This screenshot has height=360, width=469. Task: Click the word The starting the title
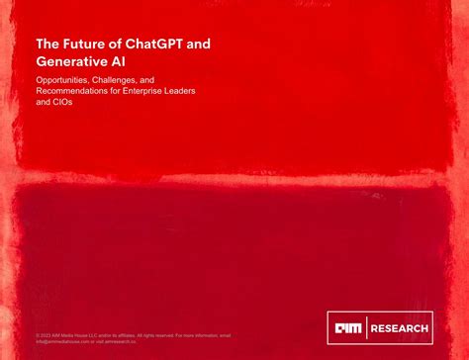(x=46, y=45)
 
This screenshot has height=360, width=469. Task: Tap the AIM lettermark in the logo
(x=347, y=328)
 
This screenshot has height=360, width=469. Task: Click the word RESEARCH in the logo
(x=400, y=328)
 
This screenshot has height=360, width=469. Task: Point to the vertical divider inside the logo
(x=367, y=328)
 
